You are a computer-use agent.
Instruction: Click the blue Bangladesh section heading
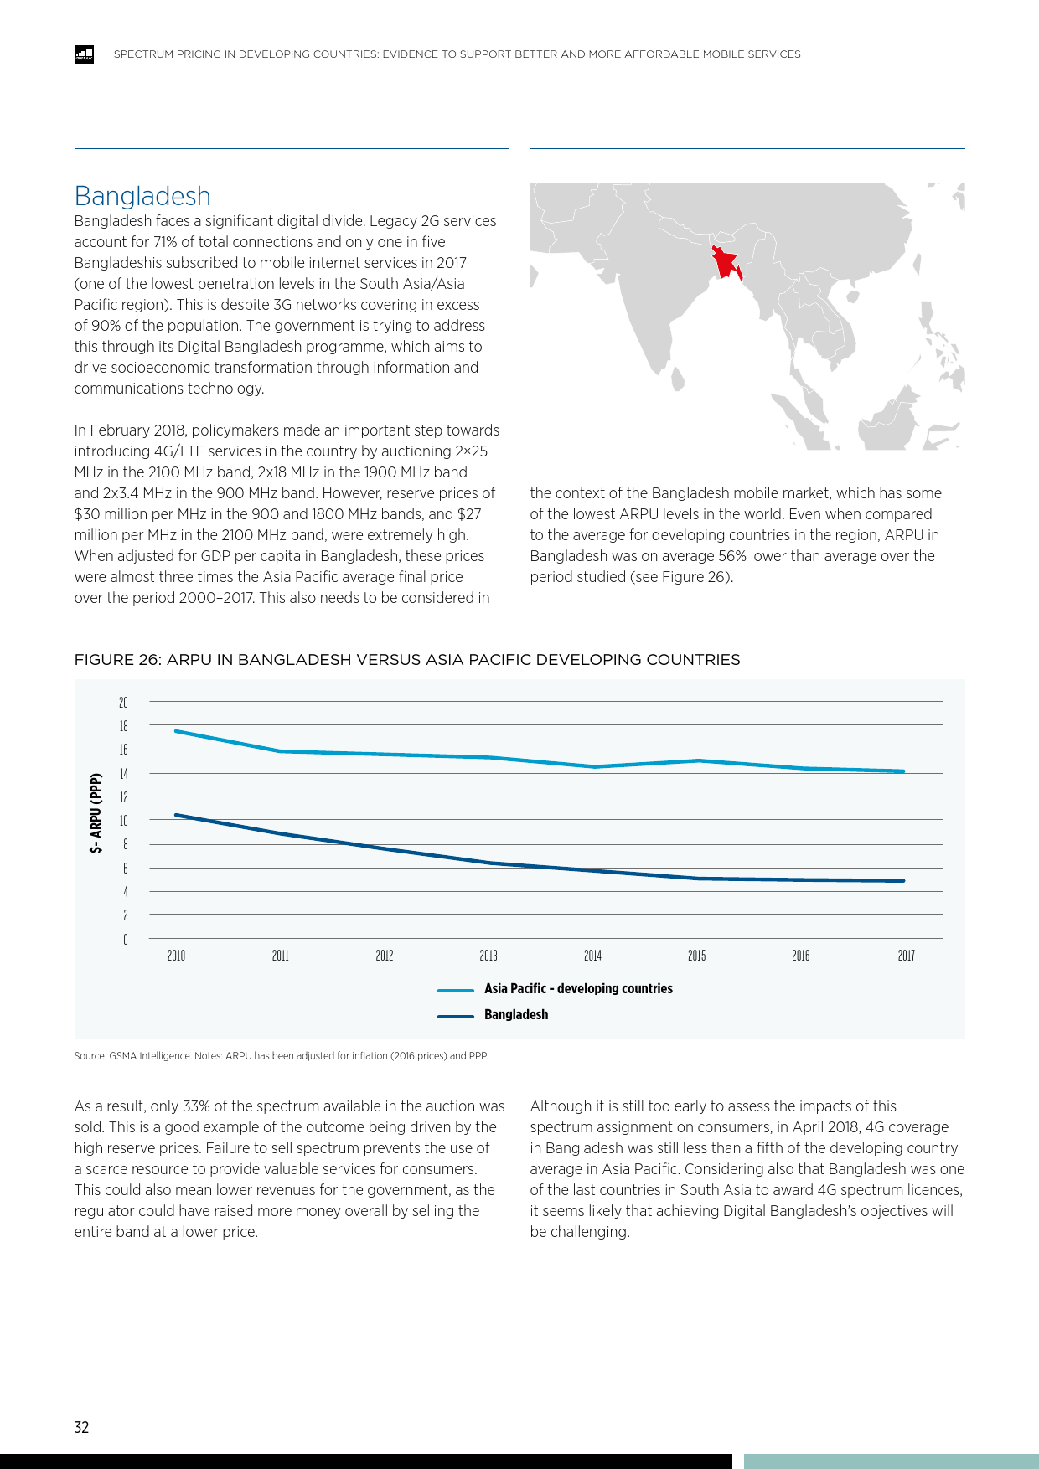142,196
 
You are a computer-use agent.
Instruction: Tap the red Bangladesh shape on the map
725,261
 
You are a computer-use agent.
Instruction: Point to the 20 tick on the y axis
123,703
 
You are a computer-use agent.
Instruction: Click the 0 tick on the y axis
126,940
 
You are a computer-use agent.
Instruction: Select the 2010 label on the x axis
176,956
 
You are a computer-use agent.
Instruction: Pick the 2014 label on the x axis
592,956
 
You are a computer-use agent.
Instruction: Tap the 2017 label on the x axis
906,956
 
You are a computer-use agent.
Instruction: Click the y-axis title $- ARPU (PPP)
96,813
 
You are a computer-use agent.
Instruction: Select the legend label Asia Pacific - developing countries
578,989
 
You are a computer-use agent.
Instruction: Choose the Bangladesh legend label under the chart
516,1015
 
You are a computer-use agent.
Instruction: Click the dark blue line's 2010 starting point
176,815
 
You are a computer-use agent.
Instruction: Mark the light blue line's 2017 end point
903,771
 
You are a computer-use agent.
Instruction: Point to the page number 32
81,1428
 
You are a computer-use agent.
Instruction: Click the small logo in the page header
84,54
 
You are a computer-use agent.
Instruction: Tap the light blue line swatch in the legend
456,990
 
